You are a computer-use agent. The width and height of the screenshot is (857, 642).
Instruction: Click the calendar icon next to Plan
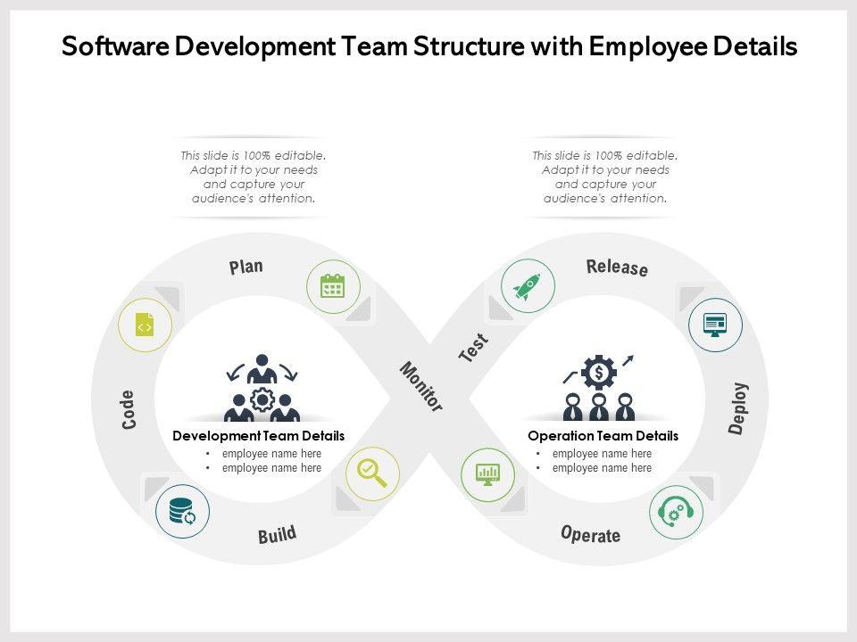[332, 286]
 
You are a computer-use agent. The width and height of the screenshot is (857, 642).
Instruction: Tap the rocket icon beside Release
[528, 286]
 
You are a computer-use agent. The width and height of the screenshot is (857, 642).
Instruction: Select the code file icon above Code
[145, 326]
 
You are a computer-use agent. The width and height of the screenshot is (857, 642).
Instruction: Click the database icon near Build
[182, 512]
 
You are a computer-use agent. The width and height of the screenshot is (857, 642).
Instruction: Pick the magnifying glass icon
[372, 473]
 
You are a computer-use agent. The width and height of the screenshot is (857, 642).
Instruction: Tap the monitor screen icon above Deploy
[715, 324]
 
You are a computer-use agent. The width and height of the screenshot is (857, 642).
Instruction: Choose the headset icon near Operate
[676, 512]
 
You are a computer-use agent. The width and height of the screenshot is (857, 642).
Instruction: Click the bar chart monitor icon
[487, 473]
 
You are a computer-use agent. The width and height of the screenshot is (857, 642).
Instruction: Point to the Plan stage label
[246, 266]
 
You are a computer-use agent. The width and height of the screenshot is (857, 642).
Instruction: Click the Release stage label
[617, 267]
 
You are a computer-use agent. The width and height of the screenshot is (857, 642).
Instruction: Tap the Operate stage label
[590, 534]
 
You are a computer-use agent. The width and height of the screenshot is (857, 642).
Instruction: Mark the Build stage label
[277, 535]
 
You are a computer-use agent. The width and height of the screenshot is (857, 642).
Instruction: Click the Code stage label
[128, 409]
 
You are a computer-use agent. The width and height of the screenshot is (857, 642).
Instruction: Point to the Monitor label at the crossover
[420, 386]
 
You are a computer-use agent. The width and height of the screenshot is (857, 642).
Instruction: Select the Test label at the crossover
[474, 347]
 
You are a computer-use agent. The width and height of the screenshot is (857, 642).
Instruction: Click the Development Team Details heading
[258, 436]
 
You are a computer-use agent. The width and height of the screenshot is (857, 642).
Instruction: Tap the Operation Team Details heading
[603, 436]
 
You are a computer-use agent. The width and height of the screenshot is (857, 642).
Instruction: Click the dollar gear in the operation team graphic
[599, 370]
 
